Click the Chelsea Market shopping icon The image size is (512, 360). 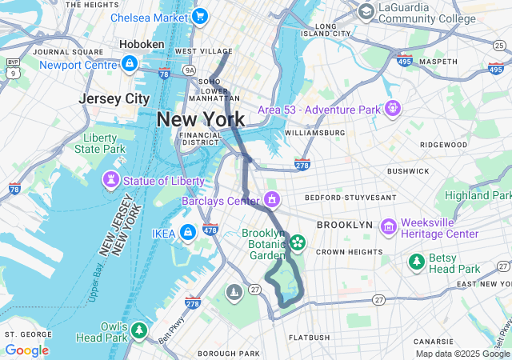point(199,17)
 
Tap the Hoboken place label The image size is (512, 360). point(142,44)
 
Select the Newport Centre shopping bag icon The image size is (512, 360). point(129,63)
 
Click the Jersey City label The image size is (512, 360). point(114,98)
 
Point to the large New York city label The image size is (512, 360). point(200,120)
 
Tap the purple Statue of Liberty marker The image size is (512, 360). point(110,182)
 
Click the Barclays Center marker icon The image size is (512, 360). point(273,199)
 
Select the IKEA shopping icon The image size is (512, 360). point(187,233)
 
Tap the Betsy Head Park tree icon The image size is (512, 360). point(416,262)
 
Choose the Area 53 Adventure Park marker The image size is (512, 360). point(392,108)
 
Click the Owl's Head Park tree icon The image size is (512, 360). point(139,330)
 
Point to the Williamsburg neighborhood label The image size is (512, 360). point(314,132)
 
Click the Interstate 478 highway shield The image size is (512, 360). point(210,230)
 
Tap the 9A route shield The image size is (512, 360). point(190,70)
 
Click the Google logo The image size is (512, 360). point(26,350)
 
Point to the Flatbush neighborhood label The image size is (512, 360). point(308,338)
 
